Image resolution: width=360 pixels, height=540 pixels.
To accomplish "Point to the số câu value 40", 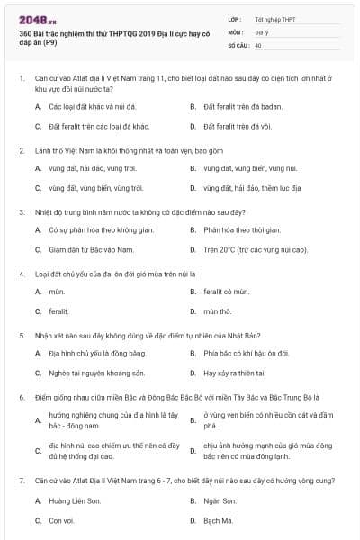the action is click(258, 44).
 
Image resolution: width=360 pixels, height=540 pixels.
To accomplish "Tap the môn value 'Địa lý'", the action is click(261, 31).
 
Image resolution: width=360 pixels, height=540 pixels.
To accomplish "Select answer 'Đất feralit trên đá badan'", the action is click(236, 106).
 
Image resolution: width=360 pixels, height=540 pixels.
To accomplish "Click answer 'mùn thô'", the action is click(217, 311).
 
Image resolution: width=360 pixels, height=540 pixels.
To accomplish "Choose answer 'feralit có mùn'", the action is click(225, 292).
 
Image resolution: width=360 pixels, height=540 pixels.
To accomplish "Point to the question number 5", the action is click(21, 335).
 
